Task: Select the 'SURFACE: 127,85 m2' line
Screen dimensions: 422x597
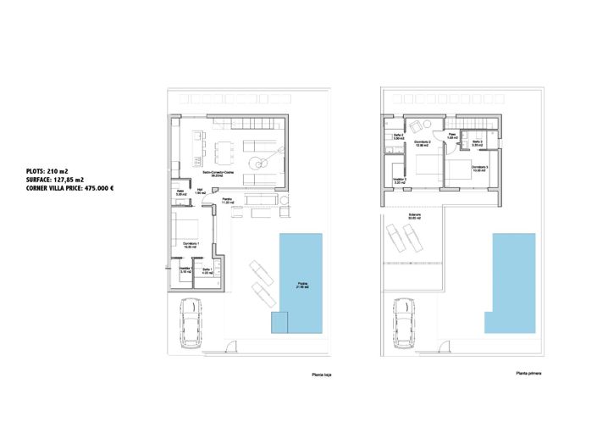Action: [56, 180]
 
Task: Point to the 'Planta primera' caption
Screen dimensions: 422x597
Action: [528, 374]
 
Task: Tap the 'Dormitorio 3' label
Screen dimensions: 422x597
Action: [480, 169]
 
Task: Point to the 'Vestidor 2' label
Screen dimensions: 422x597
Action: [400, 180]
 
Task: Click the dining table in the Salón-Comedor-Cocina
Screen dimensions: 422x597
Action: [223, 153]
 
